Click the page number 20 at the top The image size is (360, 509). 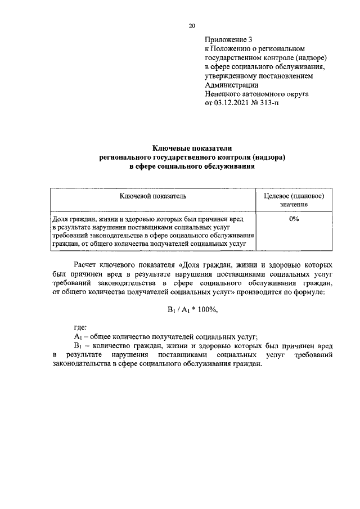pos(192,26)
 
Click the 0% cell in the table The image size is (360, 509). pos(294,219)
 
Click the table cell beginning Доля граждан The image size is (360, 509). pos(152,231)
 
